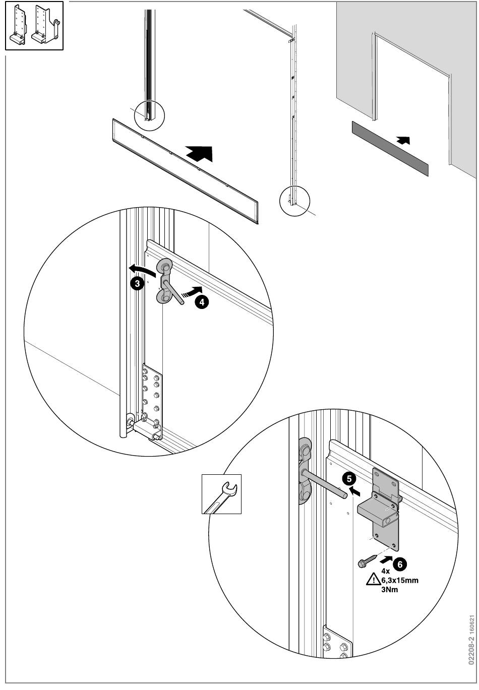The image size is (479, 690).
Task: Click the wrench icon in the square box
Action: (221, 494)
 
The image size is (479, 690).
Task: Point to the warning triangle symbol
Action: (373, 580)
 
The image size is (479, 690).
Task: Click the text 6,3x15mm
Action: (400, 580)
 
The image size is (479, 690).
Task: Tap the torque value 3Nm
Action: (389, 589)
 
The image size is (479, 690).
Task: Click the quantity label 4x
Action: (385, 571)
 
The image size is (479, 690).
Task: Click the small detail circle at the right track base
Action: (293, 201)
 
